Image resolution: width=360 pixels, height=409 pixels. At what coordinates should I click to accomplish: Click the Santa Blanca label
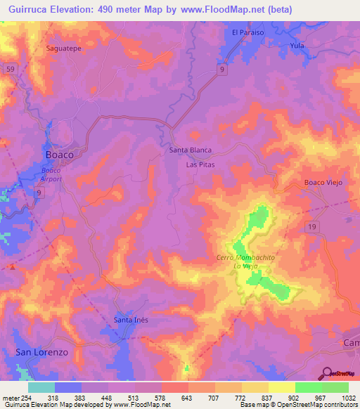[191, 150]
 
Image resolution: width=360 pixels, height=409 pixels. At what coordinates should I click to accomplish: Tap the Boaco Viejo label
[322, 182]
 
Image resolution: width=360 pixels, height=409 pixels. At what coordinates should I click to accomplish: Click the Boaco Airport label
[51, 175]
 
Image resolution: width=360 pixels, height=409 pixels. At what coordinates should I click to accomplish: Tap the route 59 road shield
[10, 69]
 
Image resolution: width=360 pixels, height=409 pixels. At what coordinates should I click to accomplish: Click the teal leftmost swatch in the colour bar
[41, 387]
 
